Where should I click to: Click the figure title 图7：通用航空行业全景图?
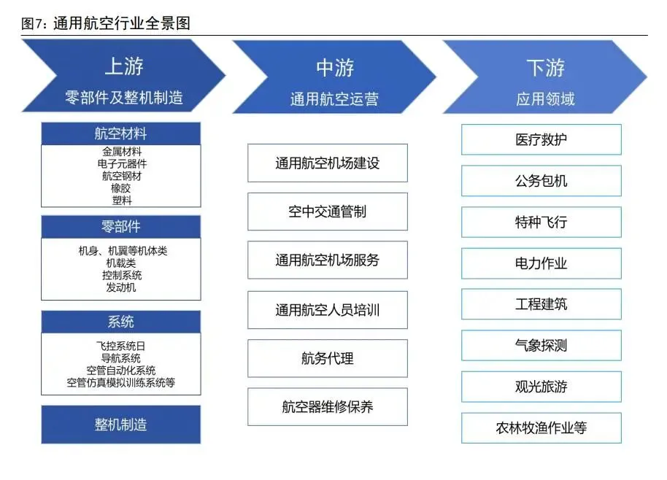[107, 23]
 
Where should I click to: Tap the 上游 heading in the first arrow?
[123, 66]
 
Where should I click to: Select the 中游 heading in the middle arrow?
[334, 68]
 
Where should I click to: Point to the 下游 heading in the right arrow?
[545, 68]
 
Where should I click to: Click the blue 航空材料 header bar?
[120, 134]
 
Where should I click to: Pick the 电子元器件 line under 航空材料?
[121, 164]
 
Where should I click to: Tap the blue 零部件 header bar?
[120, 227]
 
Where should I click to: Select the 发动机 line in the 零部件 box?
[121, 287]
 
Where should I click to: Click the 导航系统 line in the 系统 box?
[121, 358]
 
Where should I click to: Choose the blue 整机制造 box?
[120, 425]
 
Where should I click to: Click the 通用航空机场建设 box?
[327, 163]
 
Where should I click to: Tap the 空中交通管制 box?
[327, 212]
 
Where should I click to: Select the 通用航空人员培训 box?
[327, 310]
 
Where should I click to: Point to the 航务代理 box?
[327, 358]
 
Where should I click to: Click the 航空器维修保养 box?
[327, 407]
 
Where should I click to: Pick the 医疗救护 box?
[541, 139]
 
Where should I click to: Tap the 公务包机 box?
[541, 181]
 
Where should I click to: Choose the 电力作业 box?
[541, 263]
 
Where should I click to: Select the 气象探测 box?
[541, 345]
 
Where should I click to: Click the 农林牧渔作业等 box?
[541, 428]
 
